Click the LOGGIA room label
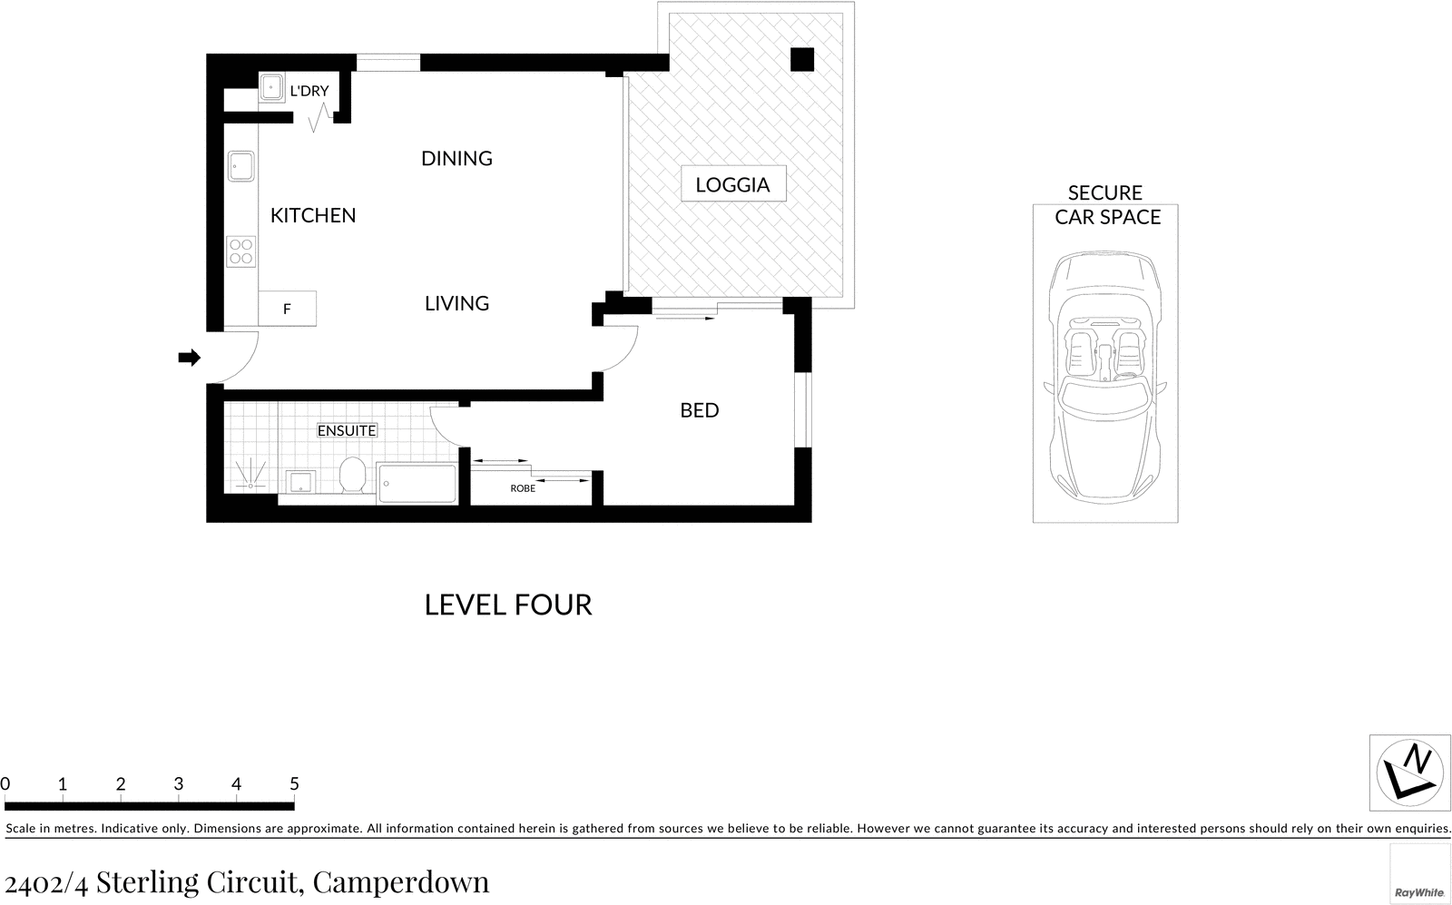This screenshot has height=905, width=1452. click(x=732, y=185)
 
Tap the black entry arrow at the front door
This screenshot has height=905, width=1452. click(x=189, y=358)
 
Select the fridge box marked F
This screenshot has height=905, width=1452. click(x=287, y=309)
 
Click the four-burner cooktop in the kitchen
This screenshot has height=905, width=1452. click(x=241, y=251)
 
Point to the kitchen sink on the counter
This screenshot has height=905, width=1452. click(x=241, y=167)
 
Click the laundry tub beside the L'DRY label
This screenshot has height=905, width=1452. click(x=271, y=88)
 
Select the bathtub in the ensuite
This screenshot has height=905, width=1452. click(x=417, y=483)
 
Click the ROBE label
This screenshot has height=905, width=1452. click(x=523, y=488)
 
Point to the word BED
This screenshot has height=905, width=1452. click(x=699, y=410)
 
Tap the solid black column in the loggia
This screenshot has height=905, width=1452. click(x=801, y=59)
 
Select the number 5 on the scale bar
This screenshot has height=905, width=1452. click(x=294, y=783)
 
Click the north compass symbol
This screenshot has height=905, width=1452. click(x=1408, y=773)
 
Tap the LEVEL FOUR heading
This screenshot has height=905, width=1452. click(x=508, y=605)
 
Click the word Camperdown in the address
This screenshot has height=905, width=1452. click(x=400, y=881)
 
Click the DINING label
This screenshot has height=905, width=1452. click(x=456, y=159)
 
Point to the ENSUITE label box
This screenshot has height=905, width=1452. click(x=347, y=430)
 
